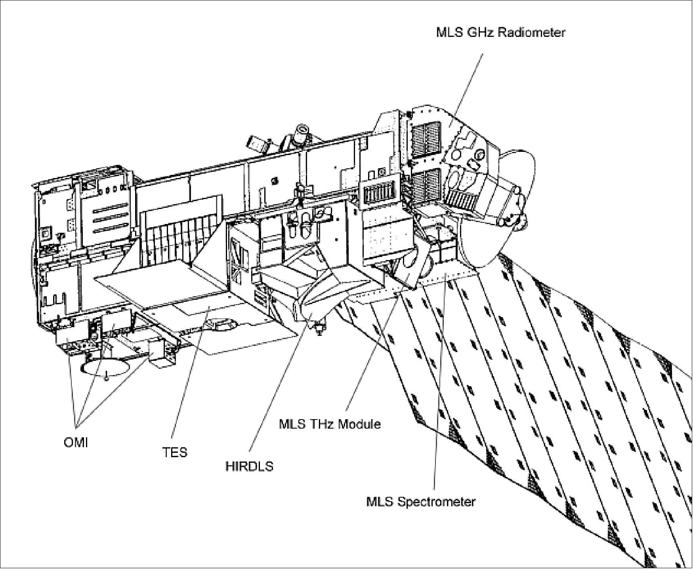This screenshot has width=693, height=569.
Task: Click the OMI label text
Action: coord(76,443)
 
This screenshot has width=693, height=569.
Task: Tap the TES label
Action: coord(174,452)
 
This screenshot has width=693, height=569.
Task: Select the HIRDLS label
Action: coord(249,466)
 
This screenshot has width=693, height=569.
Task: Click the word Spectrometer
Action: coord(436,502)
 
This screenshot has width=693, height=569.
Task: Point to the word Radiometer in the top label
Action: coord(531,32)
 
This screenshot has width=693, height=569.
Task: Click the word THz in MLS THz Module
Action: coord(325,424)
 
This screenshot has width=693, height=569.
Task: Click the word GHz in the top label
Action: coord(481,32)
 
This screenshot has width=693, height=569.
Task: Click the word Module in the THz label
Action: coord(360,424)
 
